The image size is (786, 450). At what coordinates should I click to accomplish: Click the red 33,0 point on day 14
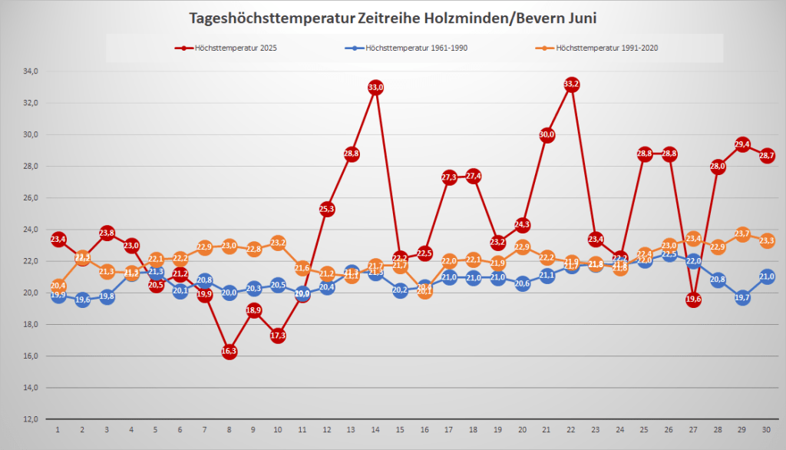(x=375, y=88)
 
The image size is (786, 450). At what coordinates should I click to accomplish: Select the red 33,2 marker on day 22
(x=571, y=84)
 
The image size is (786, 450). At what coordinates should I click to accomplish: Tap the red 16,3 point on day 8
(x=229, y=352)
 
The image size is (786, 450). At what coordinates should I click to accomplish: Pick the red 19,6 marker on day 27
(x=693, y=299)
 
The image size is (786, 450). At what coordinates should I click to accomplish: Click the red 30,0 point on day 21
(x=547, y=135)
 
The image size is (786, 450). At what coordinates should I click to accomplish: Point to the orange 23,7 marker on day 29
(x=742, y=234)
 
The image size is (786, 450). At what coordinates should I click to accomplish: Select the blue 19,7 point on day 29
(x=742, y=298)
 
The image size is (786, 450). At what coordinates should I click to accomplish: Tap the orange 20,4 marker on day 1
(x=58, y=286)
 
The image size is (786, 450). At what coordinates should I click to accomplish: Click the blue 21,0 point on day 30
(x=767, y=277)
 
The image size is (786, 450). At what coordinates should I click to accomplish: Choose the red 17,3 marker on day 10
(x=278, y=336)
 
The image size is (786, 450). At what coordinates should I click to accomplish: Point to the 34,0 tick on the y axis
(x=31, y=71)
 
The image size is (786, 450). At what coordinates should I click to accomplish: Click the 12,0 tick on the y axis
(x=31, y=419)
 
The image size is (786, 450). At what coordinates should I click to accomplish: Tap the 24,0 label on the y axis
(x=31, y=230)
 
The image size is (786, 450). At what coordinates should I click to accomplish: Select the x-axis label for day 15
(x=400, y=430)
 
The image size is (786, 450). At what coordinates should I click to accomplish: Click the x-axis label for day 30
(x=767, y=430)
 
